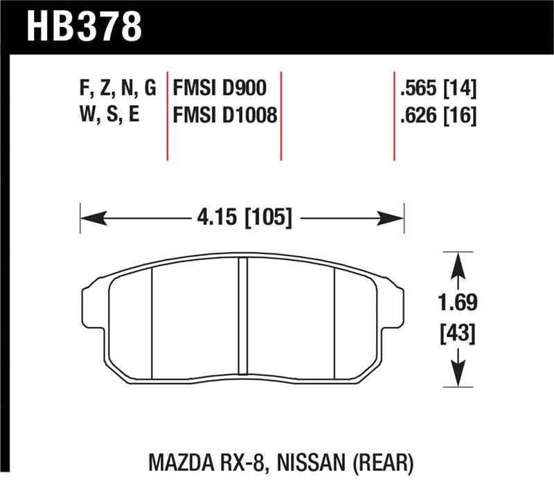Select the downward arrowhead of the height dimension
pos(456,377)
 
